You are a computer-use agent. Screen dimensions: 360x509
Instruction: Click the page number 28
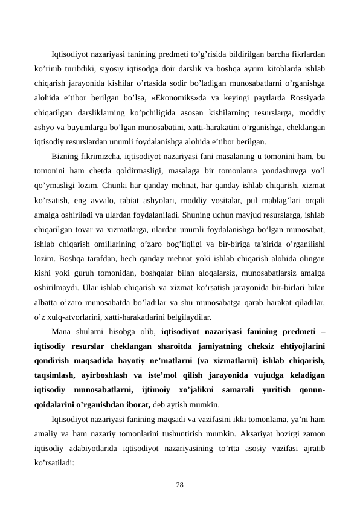(x=180, y=485)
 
